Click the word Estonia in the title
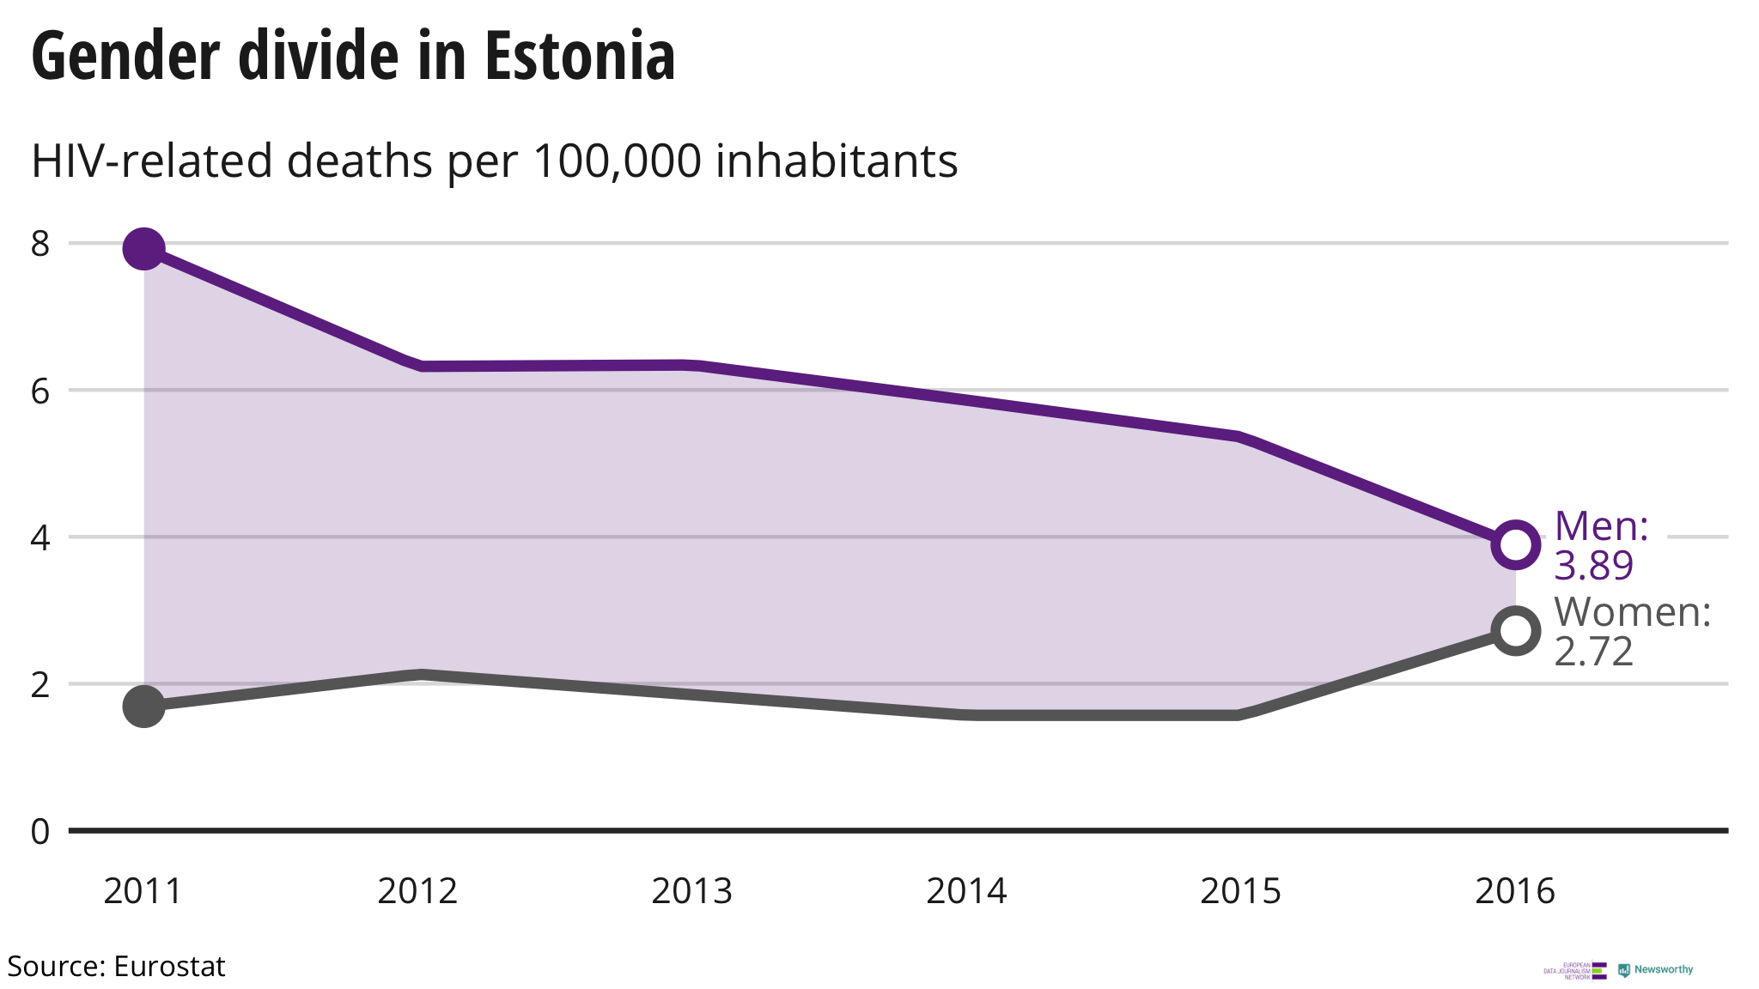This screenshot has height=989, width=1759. [x=580, y=57]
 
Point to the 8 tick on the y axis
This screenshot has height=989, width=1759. [x=40, y=245]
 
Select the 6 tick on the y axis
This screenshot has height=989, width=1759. [x=40, y=391]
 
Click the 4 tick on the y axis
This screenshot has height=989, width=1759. [x=40, y=538]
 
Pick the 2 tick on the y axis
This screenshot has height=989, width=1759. [x=40, y=685]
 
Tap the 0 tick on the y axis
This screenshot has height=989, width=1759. [x=40, y=832]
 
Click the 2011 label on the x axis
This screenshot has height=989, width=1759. [x=143, y=891]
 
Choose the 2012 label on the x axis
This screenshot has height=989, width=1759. [x=417, y=891]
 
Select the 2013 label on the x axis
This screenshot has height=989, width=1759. [x=691, y=891]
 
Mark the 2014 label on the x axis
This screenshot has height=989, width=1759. [x=966, y=891]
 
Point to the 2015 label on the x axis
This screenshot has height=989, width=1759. [x=1240, y=891]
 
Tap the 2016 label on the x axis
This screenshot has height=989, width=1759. [x=1515, y=891]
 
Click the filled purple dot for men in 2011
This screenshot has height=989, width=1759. [x=143, y=249]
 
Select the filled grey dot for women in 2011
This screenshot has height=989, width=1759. [x=143, y=707]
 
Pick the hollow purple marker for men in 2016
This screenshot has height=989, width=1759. [x=1515, y=544]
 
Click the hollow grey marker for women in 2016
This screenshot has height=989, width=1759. [x=1515, y=631]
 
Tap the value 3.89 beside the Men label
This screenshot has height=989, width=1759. [x=1594, y=566]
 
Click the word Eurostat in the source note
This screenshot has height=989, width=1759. [x=169, y=967]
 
